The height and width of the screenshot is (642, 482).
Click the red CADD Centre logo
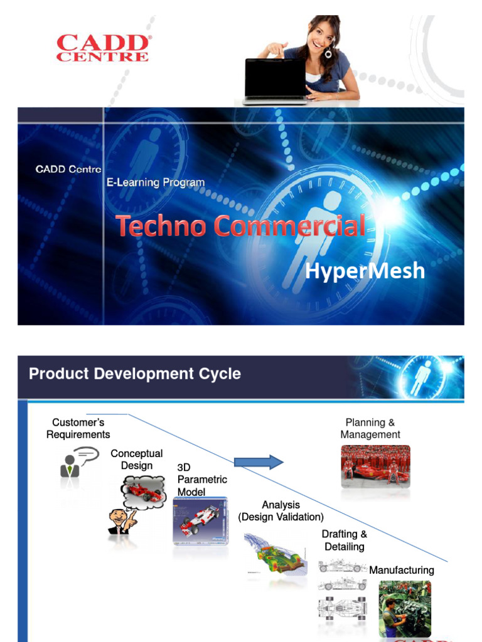click(x=104, y=48)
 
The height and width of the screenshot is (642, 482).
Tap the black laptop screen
click(x=275, y=78)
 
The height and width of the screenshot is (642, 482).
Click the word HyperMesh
click(x=365, y=271)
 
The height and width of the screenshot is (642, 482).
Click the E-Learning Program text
click(x=155, y=182)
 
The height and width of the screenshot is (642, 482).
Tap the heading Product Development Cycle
click(x=135, y=374)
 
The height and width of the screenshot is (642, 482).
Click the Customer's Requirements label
click(x=78, y=429)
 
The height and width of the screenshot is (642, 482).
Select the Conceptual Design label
click(x=136, y=459)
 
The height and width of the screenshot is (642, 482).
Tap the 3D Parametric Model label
click(x=201, y=480)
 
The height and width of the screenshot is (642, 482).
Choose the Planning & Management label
click(x=370, y=429)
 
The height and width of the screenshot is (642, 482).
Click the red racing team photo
click(x=375, y=466)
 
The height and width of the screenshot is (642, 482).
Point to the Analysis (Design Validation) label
click(x=281, y=511)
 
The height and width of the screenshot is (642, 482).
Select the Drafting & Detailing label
click(x=345, y=540)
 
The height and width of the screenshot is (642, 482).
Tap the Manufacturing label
click(x=402, y=570)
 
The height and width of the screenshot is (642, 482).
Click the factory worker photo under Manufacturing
click(x=404, y=608)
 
